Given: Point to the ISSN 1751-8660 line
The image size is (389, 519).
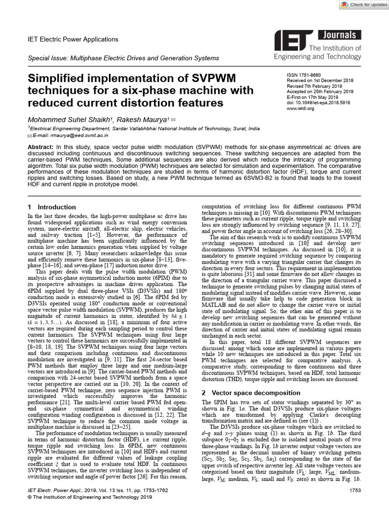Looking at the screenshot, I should click(x=304, y=75).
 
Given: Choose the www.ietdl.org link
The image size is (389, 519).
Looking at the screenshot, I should click(x=301, y=108).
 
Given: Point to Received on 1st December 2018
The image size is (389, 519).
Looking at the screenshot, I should click(x=320, y=80).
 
